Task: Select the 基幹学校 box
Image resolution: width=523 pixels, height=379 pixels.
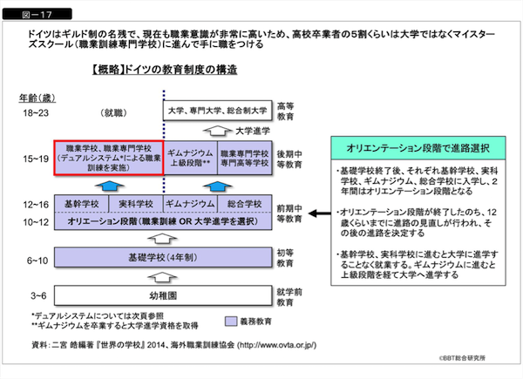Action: pos(81,202)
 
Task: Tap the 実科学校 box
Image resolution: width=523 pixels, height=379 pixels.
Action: pos(135,202)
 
